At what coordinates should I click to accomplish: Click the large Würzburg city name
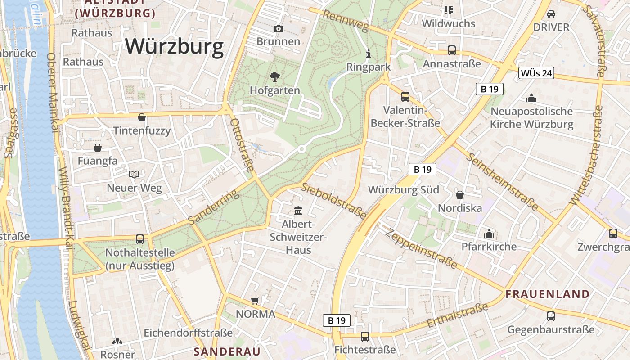(174, 46)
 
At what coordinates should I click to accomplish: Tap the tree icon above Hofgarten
(274, 76)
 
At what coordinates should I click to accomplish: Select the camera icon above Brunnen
(279, 28)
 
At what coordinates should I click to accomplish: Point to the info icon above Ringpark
(369, 54)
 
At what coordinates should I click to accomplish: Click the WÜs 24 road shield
(536, 73)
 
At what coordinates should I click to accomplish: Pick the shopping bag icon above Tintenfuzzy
(142, 117)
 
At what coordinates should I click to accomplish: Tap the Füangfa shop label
(98, 161)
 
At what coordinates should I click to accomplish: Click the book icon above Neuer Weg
(134, 174)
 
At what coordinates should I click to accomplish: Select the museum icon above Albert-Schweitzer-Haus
(298, 211)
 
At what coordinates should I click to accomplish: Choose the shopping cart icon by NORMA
(255, 301)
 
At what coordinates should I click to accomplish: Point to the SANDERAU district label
(227, 351)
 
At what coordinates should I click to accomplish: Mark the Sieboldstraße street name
(334, 201)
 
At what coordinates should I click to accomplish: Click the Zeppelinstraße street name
(421, 249)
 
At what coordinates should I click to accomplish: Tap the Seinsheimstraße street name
(502, 182)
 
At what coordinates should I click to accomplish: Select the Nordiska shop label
(460, 208)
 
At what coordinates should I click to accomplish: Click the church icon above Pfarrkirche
(489, 234)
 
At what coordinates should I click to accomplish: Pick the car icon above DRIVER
(551, 13)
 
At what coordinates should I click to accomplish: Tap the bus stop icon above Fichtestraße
(365, 336)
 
